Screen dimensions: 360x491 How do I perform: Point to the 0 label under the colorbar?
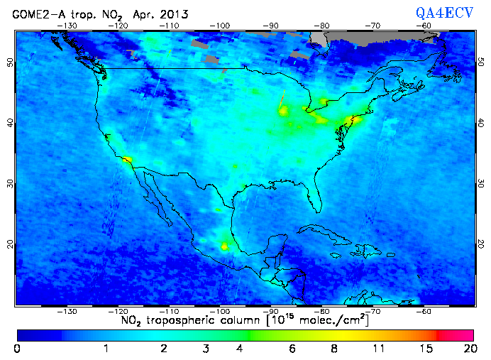[x=16, y=349]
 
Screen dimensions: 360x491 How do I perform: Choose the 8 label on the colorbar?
[x=334, y=349]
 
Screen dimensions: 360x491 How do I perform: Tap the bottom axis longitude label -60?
[x=424, y=311]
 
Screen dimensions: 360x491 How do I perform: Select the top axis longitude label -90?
[x=271, y=26]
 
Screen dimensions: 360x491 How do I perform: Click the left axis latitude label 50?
[x=10, y=62]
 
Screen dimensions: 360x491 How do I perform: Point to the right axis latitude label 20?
[x=481, y=244]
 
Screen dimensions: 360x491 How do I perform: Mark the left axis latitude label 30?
[x=10, y=183]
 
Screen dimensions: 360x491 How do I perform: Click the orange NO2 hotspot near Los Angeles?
[x=127, y=160]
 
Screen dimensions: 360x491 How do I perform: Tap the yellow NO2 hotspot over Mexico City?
[x=225, y=246]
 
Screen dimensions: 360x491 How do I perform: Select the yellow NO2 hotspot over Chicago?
[x=284, y=111]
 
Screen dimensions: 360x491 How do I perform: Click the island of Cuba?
[x=323, y=231]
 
